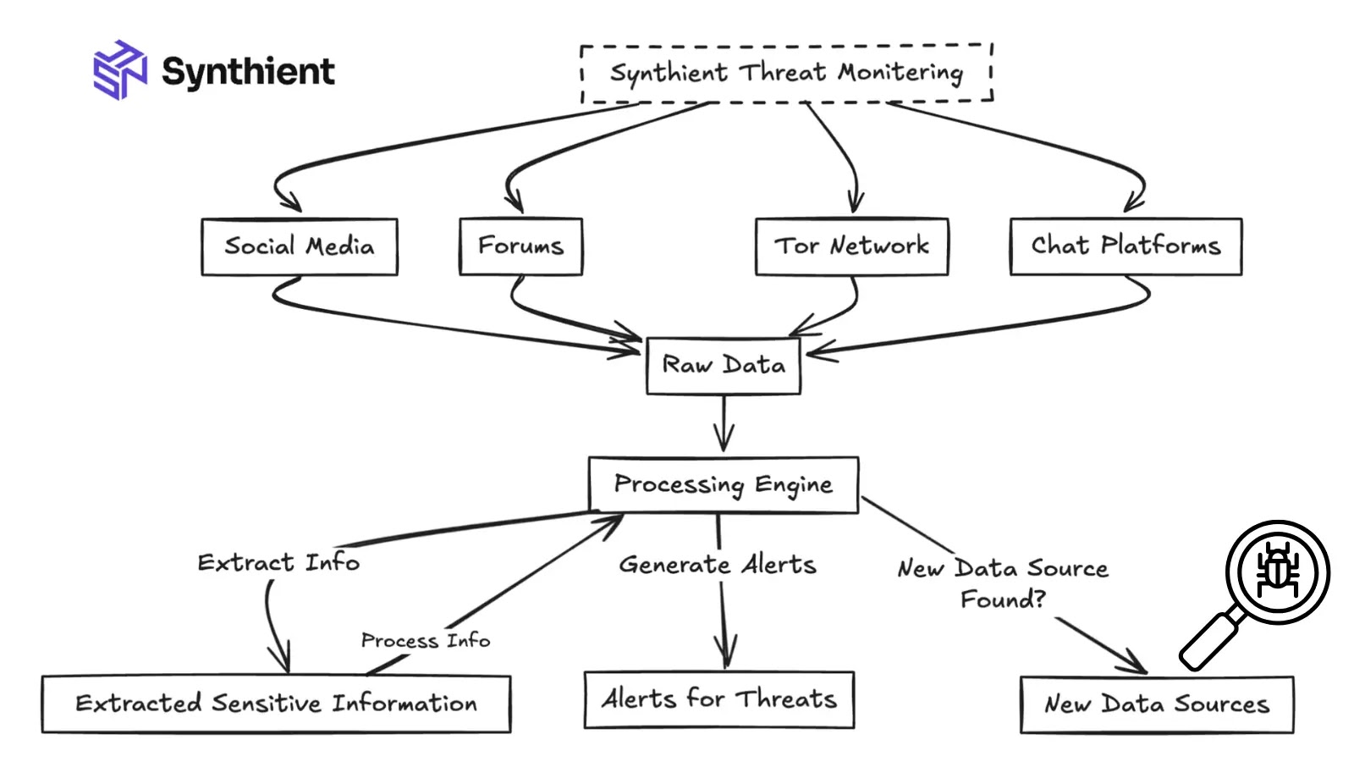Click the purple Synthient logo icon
point(119,69)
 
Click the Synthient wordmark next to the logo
point(248,71)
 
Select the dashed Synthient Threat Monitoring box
point(786,74)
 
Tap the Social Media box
point(299,246)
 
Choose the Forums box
point(520,246)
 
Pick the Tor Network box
point(851,246)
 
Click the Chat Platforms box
point(1126,246)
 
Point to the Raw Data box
point(723,366)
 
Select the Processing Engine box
point(723,484)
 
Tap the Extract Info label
point(278,563)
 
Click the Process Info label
point(425,641)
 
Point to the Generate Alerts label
point(718,565)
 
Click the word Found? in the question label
point(1003,599)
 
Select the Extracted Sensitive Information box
point(276,704)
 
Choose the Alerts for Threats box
point(718,699)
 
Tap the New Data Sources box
point(1156,704)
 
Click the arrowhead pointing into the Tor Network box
point(855,204)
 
